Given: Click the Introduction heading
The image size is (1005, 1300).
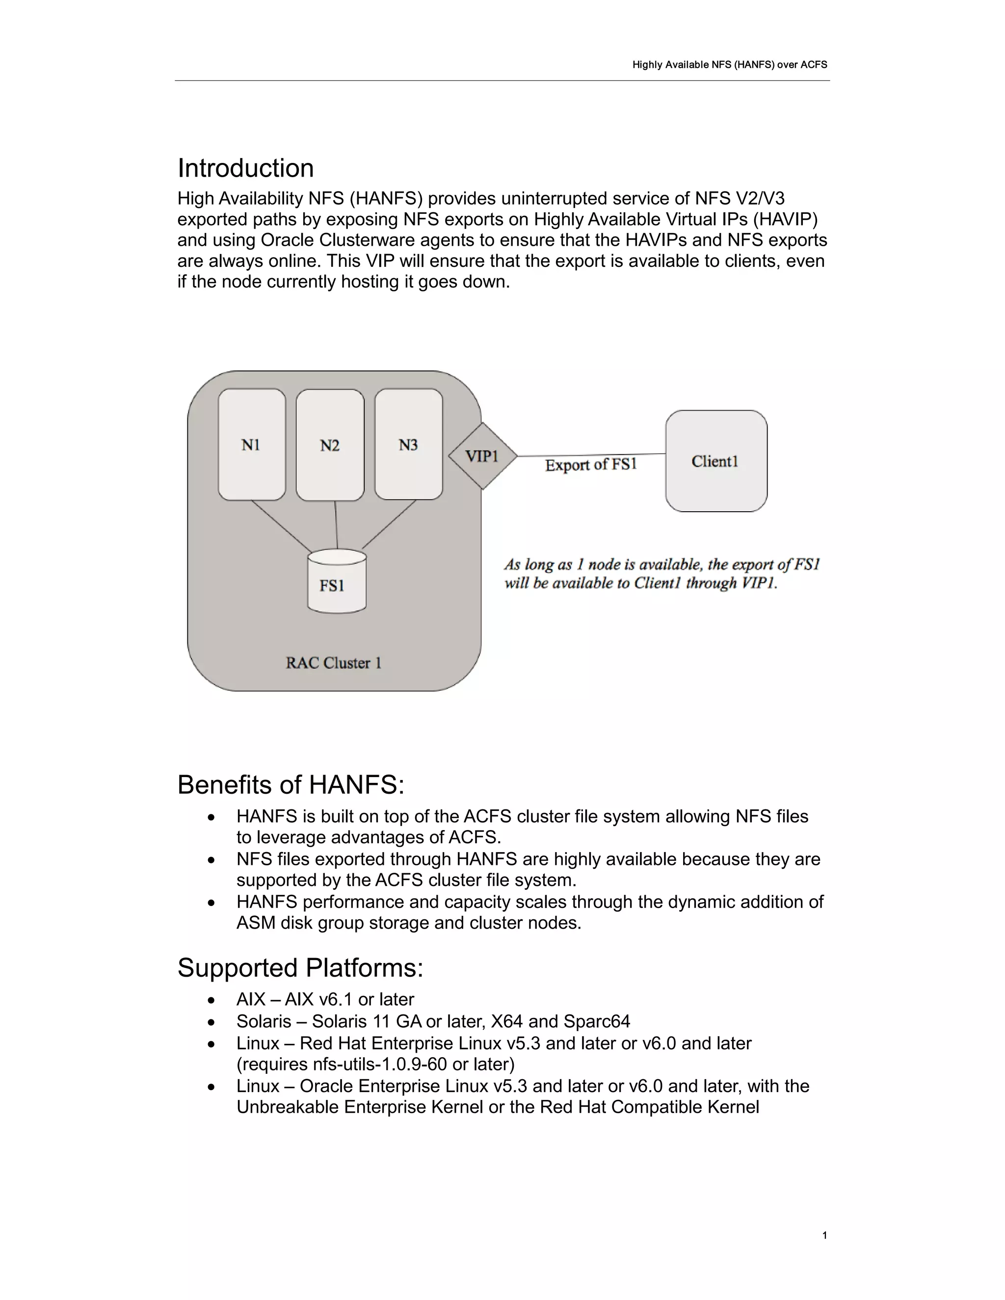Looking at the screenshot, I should point(245,168).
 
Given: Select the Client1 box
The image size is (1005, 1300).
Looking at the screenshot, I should point(715,461).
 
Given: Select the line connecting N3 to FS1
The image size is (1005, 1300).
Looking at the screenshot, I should point(389,524).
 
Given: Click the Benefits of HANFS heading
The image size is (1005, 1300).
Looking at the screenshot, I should point(291,785).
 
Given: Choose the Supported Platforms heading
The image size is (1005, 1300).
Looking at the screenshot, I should point(300,968).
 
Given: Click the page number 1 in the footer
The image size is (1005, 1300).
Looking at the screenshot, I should point(824,1236).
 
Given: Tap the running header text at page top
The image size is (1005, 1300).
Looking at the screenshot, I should point(729,65).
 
